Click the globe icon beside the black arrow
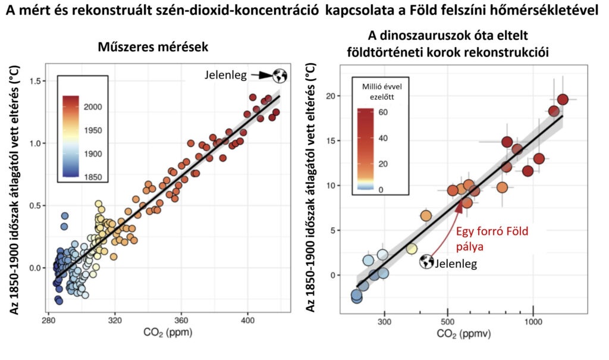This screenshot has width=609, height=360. coord(280,76)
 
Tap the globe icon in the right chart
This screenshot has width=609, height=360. coord(426,261)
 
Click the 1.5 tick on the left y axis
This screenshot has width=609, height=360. coord(37,81)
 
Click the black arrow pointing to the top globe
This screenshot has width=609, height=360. coord(260,76)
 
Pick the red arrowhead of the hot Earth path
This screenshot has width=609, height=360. coord(459,205)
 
